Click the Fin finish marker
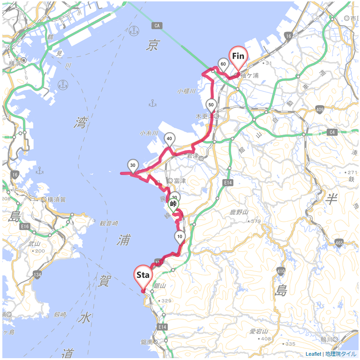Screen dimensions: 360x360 [238, 57]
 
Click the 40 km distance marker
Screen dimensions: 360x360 [170, 139]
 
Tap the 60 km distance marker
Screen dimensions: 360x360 [223, 65]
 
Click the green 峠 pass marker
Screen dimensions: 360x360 [173, 204]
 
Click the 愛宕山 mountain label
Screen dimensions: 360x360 [259, 331]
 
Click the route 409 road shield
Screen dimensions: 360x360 [320, 110]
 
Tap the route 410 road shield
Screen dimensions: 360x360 [281, 271]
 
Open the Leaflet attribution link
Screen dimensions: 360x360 [313, 354]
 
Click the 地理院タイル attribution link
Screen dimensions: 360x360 [341, 354]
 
